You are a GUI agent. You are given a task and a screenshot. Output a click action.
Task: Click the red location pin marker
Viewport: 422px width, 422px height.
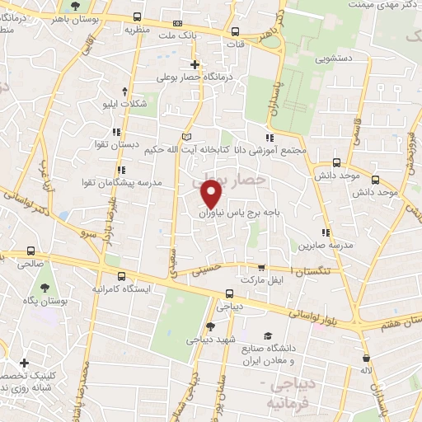click(212, 193)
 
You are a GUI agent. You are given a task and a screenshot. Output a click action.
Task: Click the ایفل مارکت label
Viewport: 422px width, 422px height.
click(260, 280)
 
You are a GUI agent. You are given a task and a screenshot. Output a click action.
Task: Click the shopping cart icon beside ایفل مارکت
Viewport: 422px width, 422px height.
click(261, 268)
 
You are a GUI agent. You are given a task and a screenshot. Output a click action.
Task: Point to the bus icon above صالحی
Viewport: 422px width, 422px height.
click(31, 251)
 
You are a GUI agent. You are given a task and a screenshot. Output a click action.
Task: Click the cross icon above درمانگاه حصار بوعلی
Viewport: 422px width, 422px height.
click(195, 64)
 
